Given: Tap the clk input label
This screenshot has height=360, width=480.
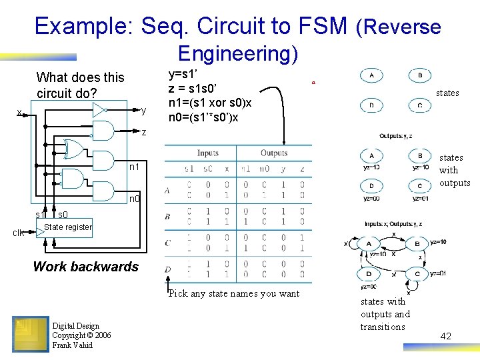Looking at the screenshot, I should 20,233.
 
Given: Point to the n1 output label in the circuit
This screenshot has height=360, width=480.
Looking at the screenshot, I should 135,165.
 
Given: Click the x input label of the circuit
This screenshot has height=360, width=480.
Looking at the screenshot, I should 19,112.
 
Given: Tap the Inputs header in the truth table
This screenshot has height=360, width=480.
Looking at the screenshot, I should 208,153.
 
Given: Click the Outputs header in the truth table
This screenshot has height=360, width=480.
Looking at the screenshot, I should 274,153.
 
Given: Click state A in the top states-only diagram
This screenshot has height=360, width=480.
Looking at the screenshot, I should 371,76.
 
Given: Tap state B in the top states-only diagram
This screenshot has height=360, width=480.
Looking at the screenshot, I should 420,76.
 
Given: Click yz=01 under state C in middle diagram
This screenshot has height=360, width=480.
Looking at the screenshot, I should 421,199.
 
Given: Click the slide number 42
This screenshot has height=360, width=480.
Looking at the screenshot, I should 445,337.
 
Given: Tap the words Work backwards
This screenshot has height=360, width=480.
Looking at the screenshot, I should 86,267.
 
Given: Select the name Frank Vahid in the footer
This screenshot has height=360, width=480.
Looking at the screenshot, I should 74,345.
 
